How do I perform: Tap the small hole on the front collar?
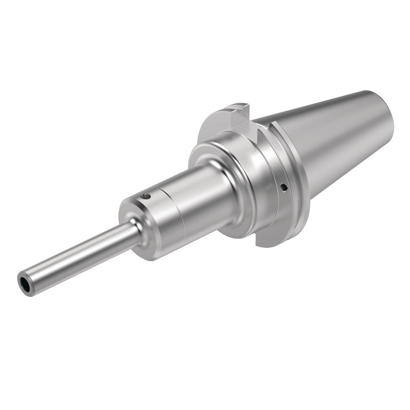(x=147, y=197)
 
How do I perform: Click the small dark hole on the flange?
(x=284, y=187)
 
